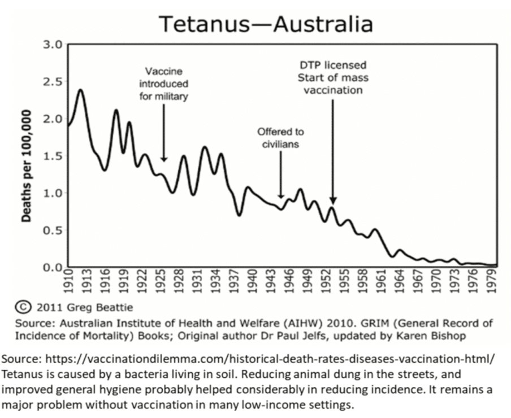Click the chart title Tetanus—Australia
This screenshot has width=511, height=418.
coord(265,24)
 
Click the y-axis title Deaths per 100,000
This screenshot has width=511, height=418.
coord(25,155)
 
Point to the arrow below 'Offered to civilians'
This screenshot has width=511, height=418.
coord(281,175)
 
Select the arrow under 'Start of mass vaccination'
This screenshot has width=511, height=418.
coord(333,153)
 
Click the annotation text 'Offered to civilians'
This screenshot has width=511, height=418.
coord(281,138)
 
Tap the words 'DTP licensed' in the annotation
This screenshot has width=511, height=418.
coord(333,65)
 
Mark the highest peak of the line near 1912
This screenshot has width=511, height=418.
coord(81,90)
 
